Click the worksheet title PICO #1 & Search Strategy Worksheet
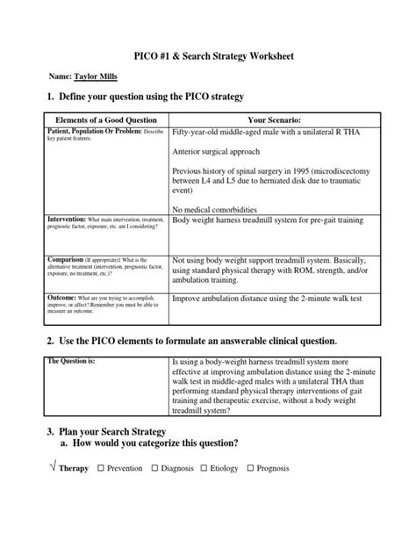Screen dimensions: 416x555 207,55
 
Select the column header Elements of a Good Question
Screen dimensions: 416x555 105,119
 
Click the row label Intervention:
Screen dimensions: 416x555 66,219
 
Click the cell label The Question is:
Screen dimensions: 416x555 72,361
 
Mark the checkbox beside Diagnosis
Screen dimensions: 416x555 156,468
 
